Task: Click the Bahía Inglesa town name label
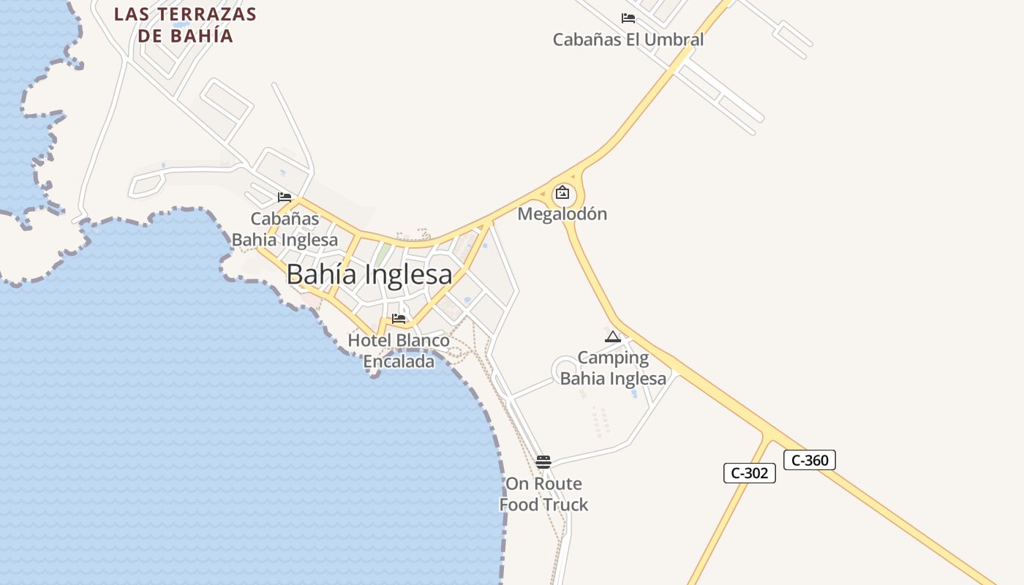coord(369,274)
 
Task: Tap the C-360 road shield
coord(810,460)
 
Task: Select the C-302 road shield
coord(750,473)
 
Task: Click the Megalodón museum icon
coord(562,193)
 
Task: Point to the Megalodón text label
coord(562,214)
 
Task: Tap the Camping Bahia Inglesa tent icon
coord(613,337)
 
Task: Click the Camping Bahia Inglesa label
coord(614,368)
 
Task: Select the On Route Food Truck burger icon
coord(543,461)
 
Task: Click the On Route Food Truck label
coord(544,494)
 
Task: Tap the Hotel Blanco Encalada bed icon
coord(399,319)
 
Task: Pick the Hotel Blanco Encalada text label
coord(399,351)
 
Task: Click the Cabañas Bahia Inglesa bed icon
coord(285,197)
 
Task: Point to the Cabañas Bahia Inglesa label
coord(285,229)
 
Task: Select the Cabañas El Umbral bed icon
coord(628,18)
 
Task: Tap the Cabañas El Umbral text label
coord(628,39)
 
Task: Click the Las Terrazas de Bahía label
coord(186,25)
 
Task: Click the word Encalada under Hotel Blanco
coord(399,361)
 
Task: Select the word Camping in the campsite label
coord(614,358)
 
